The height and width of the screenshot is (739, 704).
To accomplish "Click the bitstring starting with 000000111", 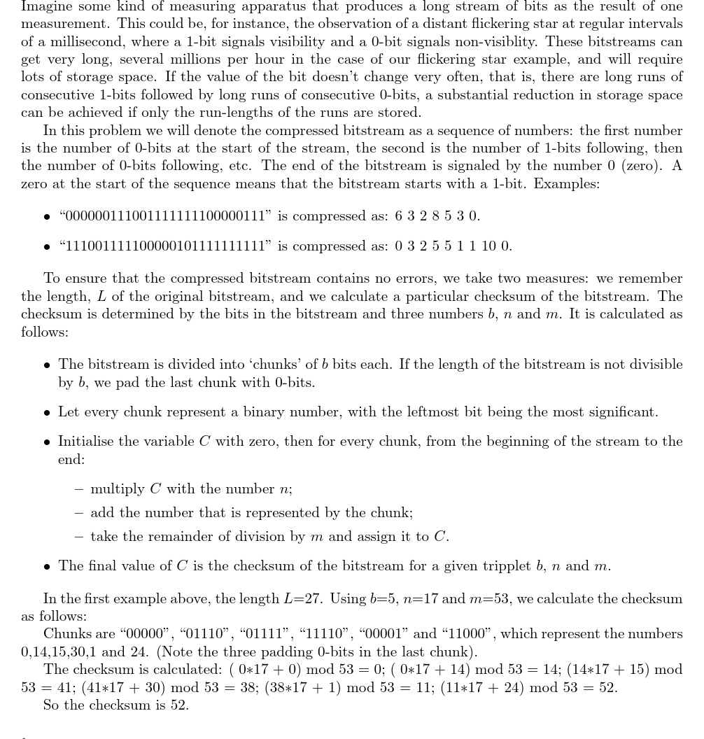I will point(165,216).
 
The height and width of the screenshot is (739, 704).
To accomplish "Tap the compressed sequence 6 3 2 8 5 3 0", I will point(437,216).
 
